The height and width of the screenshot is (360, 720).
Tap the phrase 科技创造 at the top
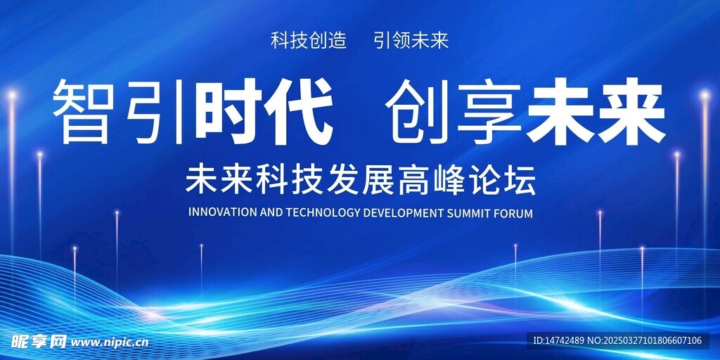(308, 41)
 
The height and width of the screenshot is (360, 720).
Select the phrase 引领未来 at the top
(411, 41)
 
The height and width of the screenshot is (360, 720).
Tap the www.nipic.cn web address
(110, 342)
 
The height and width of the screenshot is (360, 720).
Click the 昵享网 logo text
(39, 341)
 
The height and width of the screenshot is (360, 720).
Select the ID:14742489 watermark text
(558, 341)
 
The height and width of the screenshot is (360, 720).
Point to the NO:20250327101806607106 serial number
(645, 341)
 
